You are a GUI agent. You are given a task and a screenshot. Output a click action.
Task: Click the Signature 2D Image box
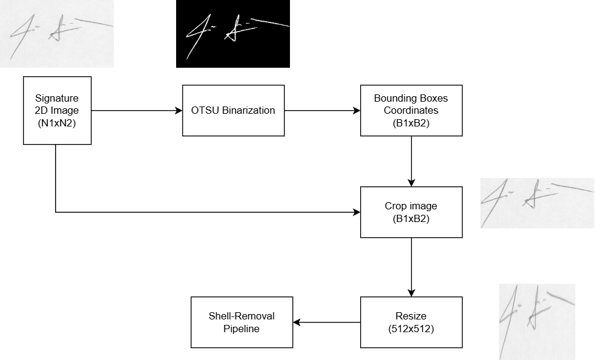pos(57,110)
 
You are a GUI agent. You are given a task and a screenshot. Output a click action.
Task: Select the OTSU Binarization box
pos(233,110)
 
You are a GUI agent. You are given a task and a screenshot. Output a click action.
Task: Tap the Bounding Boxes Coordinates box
pos(411,110)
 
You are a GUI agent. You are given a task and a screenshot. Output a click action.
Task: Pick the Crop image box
pos(411,212)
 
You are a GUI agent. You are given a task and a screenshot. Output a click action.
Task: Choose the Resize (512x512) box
pos(411,322)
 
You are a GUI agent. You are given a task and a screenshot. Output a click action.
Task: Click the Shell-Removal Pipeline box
pos(242,322)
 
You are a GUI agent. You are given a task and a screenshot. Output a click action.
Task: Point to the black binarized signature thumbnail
pos(232,33)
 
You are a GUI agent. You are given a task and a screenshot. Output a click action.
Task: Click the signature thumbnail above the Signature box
pos(57,33)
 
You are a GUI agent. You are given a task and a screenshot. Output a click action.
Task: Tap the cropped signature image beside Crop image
pos(537,203)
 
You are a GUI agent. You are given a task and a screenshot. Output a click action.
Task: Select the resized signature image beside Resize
pos(537,321)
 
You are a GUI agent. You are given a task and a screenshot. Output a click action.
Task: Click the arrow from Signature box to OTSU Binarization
pos(136,110)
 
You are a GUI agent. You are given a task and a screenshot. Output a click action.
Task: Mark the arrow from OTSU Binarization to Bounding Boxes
pos(322,110)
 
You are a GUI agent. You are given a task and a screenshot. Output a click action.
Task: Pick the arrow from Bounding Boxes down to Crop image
pos(411,161)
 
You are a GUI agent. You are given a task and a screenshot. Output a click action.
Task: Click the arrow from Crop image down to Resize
pos(411,266)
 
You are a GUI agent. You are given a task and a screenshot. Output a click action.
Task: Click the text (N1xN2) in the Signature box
pos(57,123)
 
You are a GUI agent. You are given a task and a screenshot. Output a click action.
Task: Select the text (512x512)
pos(411,328)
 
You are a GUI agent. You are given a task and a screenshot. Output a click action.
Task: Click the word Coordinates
pos(411,110)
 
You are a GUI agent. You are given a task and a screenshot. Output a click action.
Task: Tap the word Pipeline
pos(242,329)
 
